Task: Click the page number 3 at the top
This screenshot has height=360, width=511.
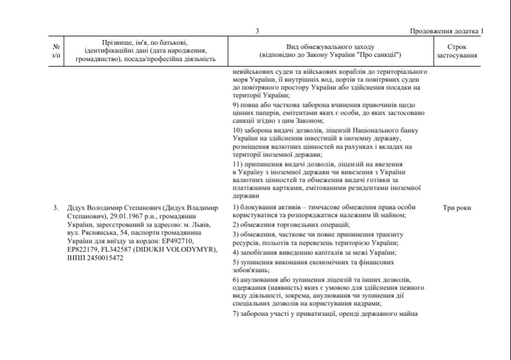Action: pyautogui.click(x=257, y=32)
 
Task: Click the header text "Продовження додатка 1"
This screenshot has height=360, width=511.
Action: pyautogui.click(x=447, y=32)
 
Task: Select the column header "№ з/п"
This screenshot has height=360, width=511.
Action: pyautogui.click(x=56, y=51)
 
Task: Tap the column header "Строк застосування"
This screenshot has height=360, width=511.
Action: pyautogui.click(x=456, y=51)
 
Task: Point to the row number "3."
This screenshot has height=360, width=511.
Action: pyautogui.click(x=56, y=208)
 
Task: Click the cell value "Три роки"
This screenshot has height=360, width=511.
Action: pyautogui.click(x=456, y=208)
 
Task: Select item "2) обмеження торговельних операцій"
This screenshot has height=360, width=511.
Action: pyautogui.click(x=289, y=224)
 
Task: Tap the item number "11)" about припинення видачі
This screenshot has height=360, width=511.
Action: pyautogui.click(x=239, y=164)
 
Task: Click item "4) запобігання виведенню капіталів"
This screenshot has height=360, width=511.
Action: pyautogui.click(x=315, y=252)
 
